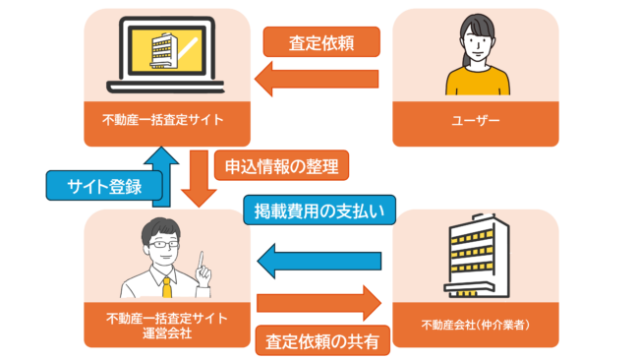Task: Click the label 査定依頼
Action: tap(320, 43)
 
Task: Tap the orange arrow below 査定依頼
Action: tap(317, 80)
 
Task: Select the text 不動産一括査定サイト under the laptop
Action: tap(163, 122)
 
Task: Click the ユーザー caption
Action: tap(476, 122)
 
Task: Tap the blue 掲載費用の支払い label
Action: tap(319, 210)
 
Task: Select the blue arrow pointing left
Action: tap(317, 260)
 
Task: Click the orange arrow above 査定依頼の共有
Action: tap(317, 303)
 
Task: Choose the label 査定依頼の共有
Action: tap(322, 341)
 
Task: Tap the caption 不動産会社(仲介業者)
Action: tap(476, 326)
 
